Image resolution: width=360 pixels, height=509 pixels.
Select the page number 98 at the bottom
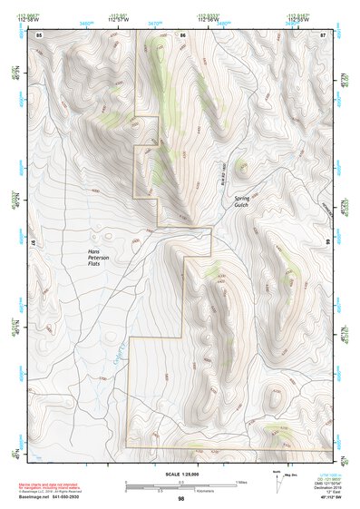[x=180, y=498]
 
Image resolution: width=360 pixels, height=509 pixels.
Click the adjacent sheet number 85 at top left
[x=40, y=34]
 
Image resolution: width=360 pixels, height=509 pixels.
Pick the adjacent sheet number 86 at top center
[x=182, y=34]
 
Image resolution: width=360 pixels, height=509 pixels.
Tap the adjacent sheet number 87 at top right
[x=323, y=34]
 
